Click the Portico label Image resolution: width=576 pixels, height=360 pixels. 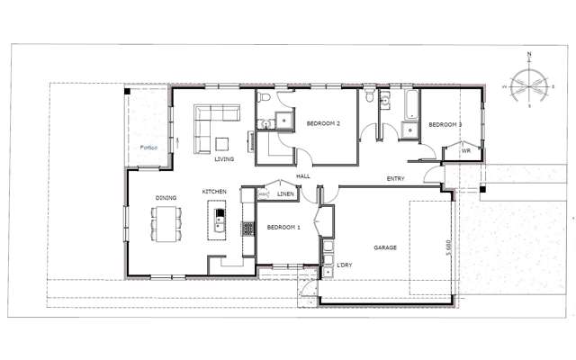tap(148, 148)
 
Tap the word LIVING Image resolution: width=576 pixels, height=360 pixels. tap(224, 159)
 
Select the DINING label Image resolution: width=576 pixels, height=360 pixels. tap(165, 198)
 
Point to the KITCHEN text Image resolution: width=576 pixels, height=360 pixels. tap(213, 192)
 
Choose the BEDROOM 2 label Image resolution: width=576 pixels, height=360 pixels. tap(322, 123)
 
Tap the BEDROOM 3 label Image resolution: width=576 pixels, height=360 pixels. tap(445, 123)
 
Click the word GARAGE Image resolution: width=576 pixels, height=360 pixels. tap(385, 247)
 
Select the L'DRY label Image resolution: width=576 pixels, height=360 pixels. tap(344, 265)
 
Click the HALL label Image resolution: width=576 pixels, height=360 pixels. tap(303, 176)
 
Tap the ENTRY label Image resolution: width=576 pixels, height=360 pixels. tap(395, 178)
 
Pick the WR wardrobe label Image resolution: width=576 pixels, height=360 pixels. tap(465, 151)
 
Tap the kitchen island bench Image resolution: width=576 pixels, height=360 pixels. tap(218, 220)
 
